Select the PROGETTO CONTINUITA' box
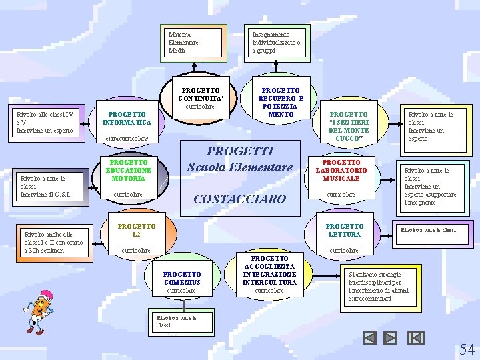201,97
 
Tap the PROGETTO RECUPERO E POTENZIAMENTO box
281,101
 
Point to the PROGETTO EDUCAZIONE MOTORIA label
129,171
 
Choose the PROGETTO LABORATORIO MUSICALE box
341,171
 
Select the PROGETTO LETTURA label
344,230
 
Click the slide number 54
467,349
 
